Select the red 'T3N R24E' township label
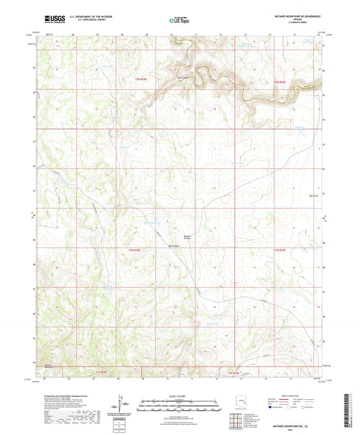click(138, 80)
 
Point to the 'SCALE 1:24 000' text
click(179, 395)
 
